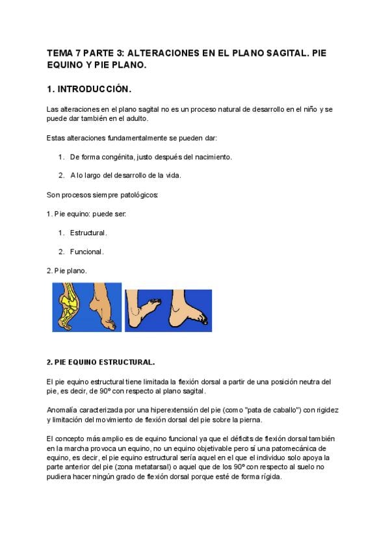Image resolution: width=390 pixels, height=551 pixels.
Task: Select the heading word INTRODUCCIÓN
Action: (96, 88)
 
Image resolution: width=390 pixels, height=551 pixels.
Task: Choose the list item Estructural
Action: (88, 232)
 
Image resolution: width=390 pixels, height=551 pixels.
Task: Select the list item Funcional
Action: (87, 251)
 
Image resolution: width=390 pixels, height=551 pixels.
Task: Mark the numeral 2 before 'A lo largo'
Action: (60, 175)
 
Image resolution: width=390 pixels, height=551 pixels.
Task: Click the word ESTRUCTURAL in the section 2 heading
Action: (127, 362)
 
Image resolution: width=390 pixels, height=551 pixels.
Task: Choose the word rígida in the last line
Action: (268, 476)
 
